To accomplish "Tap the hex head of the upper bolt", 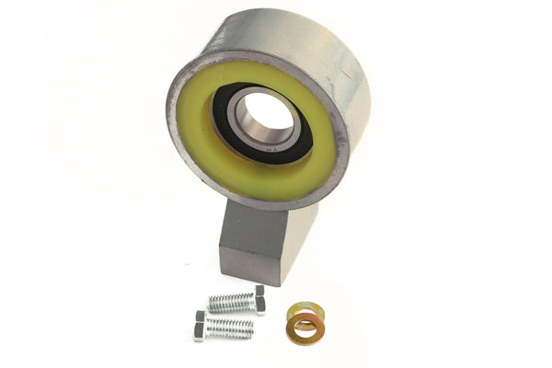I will (259, 301).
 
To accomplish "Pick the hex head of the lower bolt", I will (200, 326).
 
